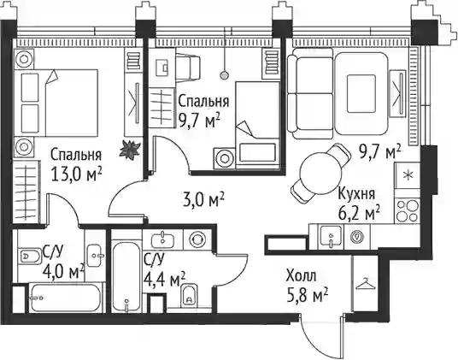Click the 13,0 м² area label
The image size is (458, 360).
click(x=76, y=174)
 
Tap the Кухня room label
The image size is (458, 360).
click(x=356, y=194)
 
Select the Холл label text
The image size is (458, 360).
click(x=301, y=276)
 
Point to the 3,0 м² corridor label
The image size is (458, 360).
click(x=203, y=199)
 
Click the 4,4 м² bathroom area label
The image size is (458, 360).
click(x=164, y=280)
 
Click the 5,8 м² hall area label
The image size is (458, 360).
click(x=307, y=295)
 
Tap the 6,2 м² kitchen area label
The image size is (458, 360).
click(x=359, y=213)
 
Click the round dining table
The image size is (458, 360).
click(x=320, y=174)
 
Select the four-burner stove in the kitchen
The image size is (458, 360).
click(x=408, y=210)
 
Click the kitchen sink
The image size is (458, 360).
click(x=331, y=237)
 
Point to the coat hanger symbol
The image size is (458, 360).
click(x=365, y=283)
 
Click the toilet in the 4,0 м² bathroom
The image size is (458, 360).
click(x=30, y=257)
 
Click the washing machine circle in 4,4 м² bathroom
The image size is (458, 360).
click(x=197, y=239)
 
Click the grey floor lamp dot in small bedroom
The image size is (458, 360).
click(x=224, y=75)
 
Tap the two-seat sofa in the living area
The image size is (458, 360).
click(x=310, y=93)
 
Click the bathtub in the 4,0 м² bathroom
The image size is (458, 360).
click(x=66, y=298)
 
